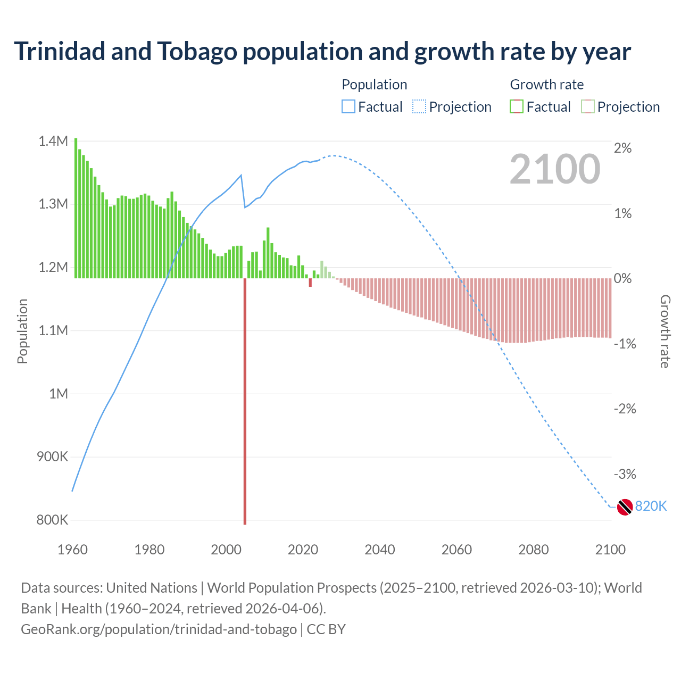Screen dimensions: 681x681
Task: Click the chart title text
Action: tap(322, 52)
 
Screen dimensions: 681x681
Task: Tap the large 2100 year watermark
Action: tap(555, 169)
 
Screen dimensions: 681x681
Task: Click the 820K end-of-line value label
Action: tap(651, 506)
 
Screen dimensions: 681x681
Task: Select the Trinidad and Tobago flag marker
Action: tap(625, 507)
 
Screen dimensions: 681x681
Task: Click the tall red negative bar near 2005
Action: tap(245, 399)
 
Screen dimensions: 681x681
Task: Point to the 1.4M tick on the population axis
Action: tap(53, 141)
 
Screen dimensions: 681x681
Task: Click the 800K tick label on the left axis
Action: tap(52, 520)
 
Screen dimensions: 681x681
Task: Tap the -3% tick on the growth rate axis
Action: tap(625, 474)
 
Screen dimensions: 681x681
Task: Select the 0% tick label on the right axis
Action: tap(622, 278)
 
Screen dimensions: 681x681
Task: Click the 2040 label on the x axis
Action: tap(379, 550)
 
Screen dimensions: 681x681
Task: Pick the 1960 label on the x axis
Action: tap(72, 550)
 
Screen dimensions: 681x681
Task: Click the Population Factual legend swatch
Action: tap(348, 107)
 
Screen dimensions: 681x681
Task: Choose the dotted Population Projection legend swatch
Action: tap(419, 107)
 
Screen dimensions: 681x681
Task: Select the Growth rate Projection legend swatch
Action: tap(587, 107)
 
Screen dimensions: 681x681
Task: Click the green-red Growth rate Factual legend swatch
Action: tap(517, 107)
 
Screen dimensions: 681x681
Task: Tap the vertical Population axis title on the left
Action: tap(22, 331)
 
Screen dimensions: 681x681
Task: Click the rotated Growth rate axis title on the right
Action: tap(665, 331)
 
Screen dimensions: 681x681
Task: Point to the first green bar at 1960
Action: tap(76, 208)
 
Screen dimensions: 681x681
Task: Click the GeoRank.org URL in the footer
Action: tap(159, 629)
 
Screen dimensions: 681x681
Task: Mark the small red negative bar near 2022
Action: tap(310, 283)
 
